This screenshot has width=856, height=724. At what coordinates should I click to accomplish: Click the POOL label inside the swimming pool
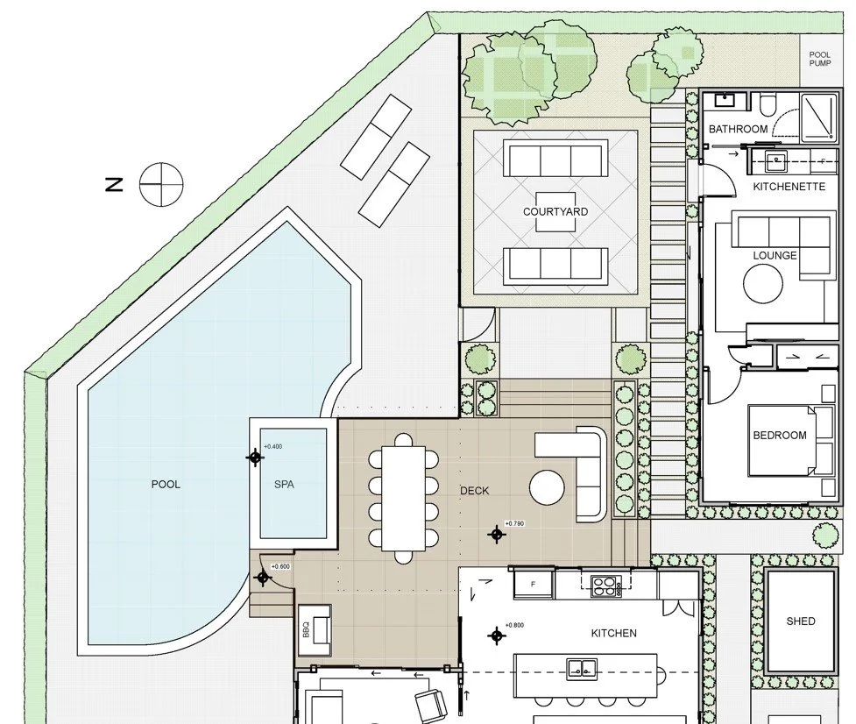(x=166, y=485)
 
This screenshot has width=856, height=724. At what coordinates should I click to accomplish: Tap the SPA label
(x=284, y=485)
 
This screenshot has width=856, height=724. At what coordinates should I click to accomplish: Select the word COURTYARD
(x=555, y=212)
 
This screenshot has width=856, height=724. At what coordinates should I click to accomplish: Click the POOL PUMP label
(x=819, y=59)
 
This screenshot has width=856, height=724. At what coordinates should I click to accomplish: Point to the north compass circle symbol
(x=161, y=185)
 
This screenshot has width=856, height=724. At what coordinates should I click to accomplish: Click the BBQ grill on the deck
(x=315, y=629)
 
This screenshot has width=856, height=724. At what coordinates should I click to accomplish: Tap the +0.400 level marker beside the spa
(x=255, y=457)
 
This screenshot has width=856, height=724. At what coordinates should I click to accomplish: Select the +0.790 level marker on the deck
(x=496, y=534)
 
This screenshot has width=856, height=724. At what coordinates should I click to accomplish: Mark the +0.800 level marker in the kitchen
(x=496, y=635)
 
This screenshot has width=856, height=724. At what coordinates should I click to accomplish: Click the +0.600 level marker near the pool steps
(x=263, y=577)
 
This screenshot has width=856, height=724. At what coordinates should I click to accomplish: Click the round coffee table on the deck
(x=547, y=487)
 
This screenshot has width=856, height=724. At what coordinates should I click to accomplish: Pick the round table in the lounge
(x=763, y=283)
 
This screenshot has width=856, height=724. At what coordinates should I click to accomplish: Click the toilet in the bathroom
(x=768, y=104)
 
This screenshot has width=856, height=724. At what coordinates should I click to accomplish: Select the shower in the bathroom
(x=817, y=116)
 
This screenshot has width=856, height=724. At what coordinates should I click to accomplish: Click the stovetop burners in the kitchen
(x=605, y=586)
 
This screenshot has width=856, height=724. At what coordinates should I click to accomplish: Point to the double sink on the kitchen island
(x=582, y=668)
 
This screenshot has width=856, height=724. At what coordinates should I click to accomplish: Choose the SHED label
(x=801, y=621)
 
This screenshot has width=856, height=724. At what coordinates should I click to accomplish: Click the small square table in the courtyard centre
(x=555, y=212)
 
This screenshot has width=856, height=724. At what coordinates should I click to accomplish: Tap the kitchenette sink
(x=775, y=161)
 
